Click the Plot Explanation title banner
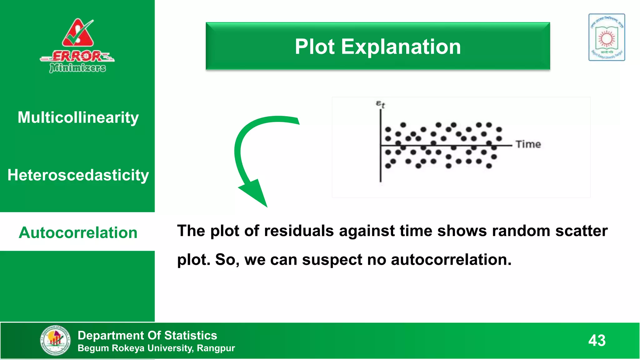coord(377,46)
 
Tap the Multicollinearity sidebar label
coord(78,117)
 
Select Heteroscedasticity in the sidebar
coord(78,175)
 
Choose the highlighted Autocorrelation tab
coord(78,232)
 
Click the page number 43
coord(597,340)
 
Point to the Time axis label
coord(528,144)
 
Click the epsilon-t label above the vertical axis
coord(380,104)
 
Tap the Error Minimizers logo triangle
coord(77,34)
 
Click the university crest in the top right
coord(607,37)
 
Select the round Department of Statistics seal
coord(55,340)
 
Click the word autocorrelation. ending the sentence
coord(451,260)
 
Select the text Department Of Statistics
coord(147,335)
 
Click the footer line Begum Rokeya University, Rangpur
coord(156,348)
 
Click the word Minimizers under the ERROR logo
coord(77,67)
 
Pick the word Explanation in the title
coord(401,47)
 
